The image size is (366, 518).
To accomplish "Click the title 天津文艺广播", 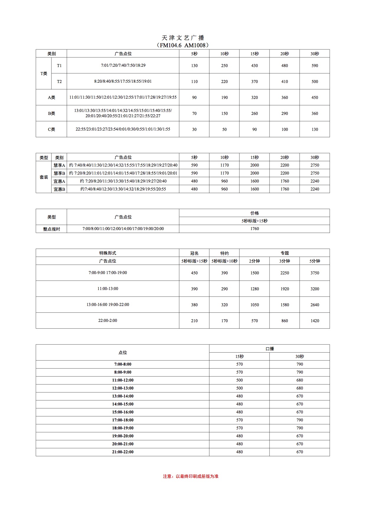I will point(183,38).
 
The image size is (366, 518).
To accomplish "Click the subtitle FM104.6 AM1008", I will point(183,45).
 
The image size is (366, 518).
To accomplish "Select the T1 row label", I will point(59,66).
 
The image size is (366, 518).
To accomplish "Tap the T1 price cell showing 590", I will point(315,66).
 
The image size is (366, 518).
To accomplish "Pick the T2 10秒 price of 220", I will point(224,82).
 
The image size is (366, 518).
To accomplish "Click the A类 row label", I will point(51,97).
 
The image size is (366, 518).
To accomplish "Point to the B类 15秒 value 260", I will point(254,113).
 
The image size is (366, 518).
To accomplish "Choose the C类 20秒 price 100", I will point(285,129).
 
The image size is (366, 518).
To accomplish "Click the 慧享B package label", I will point(59,173).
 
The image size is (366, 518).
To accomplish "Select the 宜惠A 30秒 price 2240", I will point(315,181).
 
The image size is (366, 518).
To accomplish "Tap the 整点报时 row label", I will point(51,229).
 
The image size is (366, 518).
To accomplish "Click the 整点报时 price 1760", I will point(254,229).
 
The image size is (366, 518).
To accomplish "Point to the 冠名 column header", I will point(194,253).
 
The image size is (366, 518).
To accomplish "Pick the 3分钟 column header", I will point(285,261).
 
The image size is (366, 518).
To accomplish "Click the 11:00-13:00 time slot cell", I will point(108,289).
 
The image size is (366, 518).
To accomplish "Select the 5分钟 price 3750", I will point(315,273).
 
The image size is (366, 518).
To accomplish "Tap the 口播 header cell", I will point(269,348).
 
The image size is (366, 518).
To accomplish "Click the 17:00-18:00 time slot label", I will point(123,420).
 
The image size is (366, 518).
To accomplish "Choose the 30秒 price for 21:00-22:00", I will point(300,452).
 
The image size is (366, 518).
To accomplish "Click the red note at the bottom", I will point(191,476).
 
